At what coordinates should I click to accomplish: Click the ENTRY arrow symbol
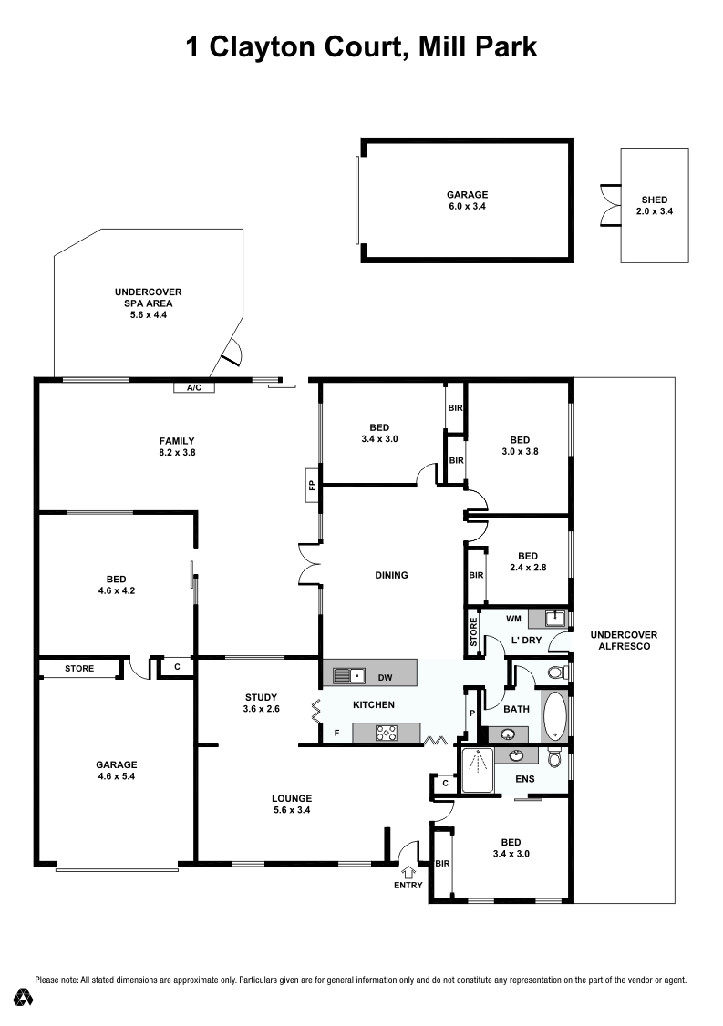408,870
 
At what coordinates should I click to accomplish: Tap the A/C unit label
193,387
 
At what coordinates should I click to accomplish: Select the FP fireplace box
311,484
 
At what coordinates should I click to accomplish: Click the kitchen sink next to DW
347,676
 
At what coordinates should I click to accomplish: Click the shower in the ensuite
477,771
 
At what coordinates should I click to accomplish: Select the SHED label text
654,200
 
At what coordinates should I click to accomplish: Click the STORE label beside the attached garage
79,669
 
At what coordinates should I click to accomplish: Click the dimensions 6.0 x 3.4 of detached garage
467,207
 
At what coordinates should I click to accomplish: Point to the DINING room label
390,575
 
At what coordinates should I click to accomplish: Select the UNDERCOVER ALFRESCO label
624,641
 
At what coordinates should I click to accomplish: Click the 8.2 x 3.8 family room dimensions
177,451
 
